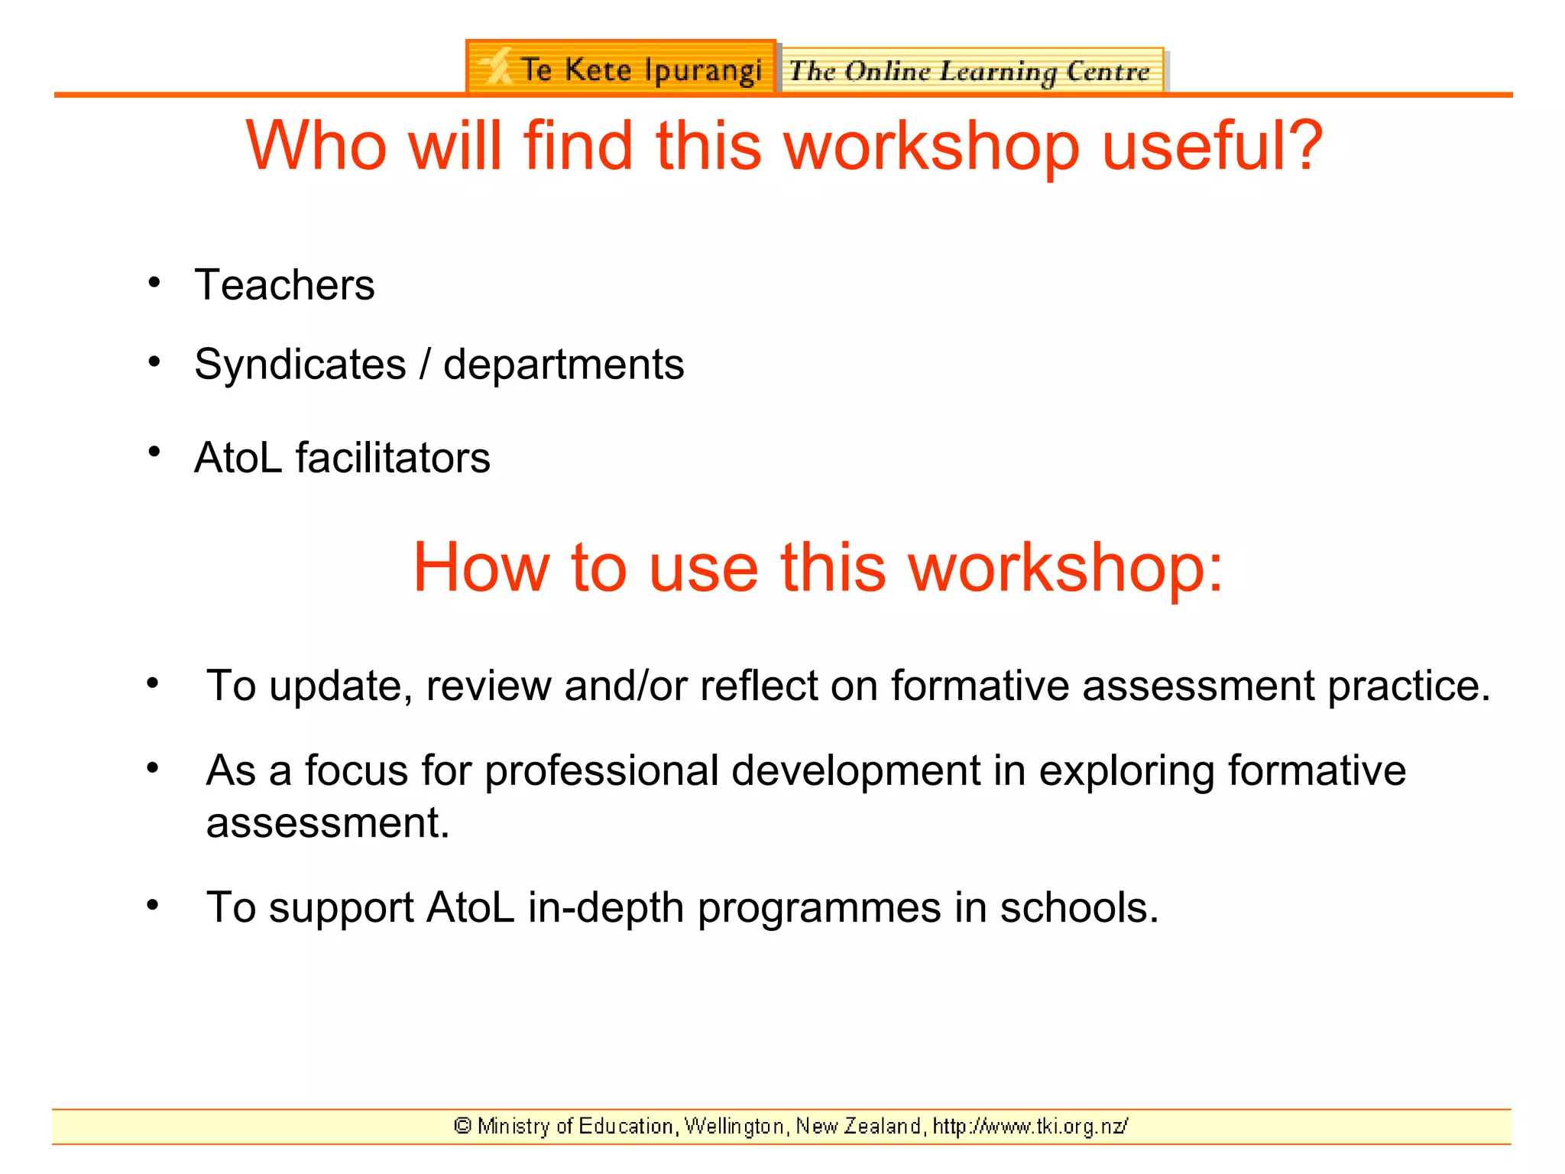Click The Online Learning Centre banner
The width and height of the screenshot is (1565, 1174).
pos(970,71)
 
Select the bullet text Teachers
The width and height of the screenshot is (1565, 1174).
pos(284,285)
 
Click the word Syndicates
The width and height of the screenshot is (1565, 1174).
pos(300,365)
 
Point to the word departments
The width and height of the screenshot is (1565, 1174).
pos(563,365)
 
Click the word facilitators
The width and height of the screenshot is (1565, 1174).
pos(393,458)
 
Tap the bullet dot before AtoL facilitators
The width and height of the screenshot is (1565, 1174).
pos(154,452)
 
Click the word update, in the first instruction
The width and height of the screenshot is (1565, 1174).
pos(341,686)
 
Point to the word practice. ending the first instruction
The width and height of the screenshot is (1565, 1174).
pos(1408,686)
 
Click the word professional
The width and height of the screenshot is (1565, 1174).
pos(601,770)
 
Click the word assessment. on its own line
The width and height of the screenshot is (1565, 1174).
pos(327,823)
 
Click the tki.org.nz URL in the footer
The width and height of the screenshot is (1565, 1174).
pos(1030,1127)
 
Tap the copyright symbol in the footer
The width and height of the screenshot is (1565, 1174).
pos(462,1126)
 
